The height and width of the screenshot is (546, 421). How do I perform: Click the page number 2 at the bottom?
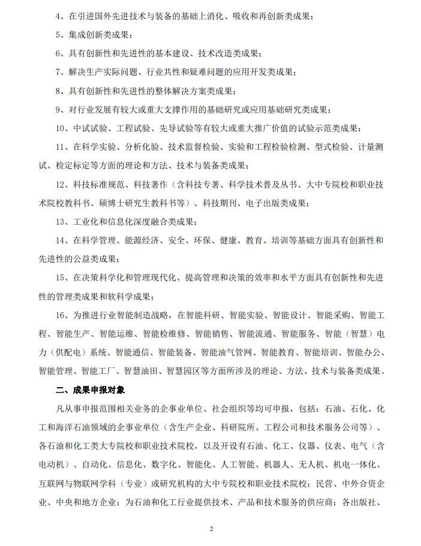[211, 528]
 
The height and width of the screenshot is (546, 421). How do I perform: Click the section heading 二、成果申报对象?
[90, 390]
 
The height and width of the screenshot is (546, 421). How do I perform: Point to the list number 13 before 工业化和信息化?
[62, 222]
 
